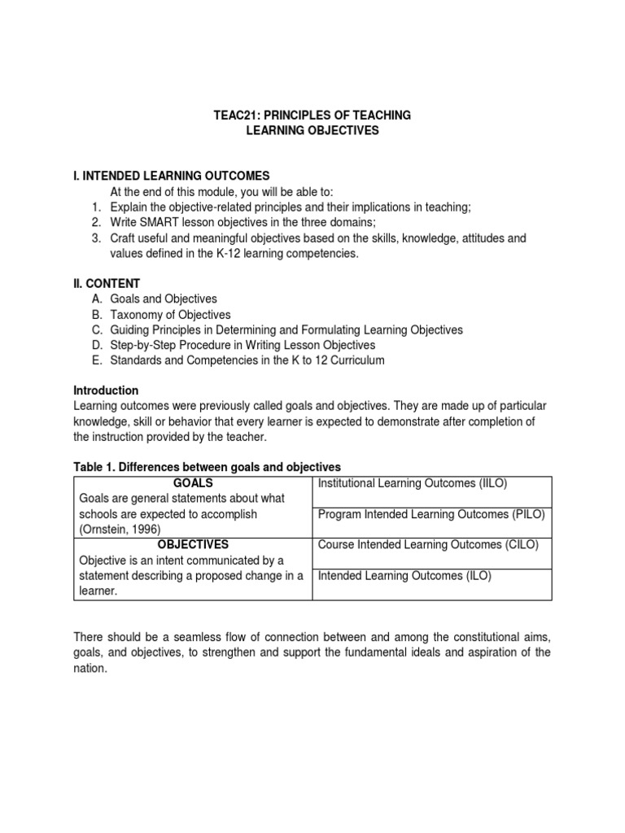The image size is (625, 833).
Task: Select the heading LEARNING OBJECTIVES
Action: click(x=312, y=130)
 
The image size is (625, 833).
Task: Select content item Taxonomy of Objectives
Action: click(x=170, y=314)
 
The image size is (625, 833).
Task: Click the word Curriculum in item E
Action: click(x=355, y=360)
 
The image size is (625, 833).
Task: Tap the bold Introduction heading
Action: click(x=106, y=390)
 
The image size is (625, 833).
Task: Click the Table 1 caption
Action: click(x=207, y=467)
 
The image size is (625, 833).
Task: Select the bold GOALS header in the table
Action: click(x=193, y=483)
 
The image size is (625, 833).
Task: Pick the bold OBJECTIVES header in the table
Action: click(x=193, y=544)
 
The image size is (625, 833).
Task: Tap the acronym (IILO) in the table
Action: click(x=491, y=483)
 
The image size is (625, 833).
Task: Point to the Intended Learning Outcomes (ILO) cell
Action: click(x=404, y=575)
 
